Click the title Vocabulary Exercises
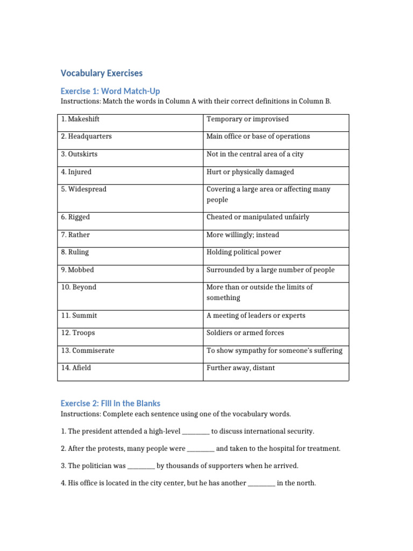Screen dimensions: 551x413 102,73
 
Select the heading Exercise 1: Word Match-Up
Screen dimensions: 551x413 110,91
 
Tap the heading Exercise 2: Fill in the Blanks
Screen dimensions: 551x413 110,403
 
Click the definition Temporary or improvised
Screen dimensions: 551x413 247,119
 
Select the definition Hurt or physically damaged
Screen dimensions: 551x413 250,172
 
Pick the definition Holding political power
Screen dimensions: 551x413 244,252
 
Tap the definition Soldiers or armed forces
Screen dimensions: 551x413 245,333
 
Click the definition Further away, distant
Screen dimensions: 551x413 240,368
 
